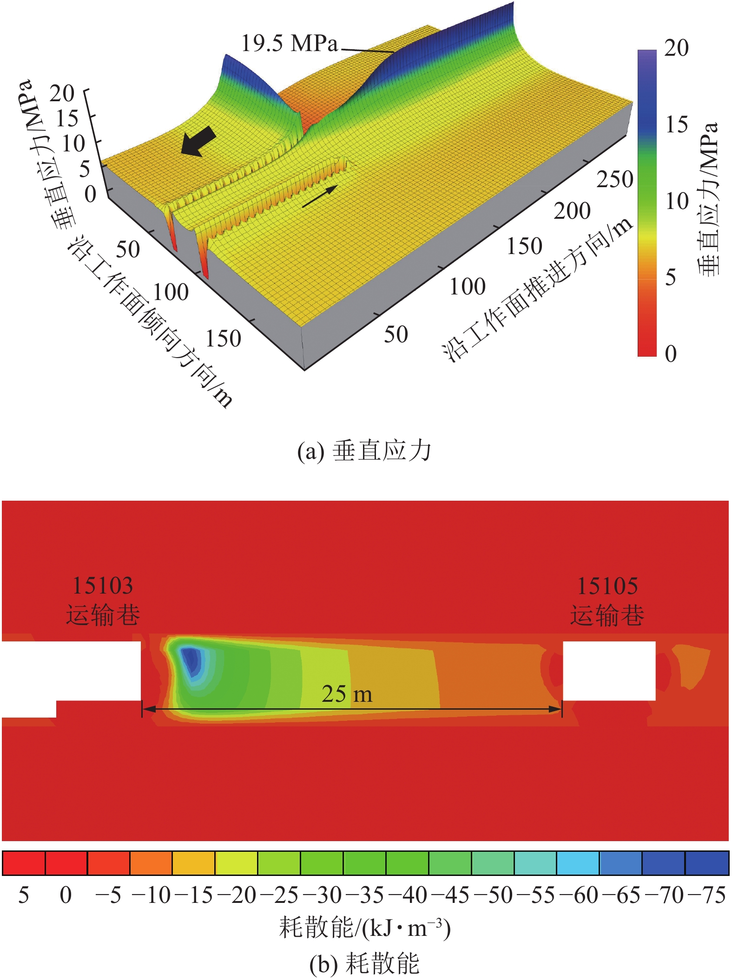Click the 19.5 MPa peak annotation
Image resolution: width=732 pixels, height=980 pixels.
click(289, 43)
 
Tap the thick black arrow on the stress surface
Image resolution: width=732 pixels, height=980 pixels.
click(198, 141)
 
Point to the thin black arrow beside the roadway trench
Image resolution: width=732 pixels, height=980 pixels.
click(320, 196)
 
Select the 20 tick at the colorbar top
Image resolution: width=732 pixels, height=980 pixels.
click(676, 47)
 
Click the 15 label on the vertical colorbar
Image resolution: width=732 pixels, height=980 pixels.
click(676, 124)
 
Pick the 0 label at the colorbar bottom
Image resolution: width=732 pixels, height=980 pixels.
click(671, 353)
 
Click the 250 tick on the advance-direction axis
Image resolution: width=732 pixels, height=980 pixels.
click(615, 179)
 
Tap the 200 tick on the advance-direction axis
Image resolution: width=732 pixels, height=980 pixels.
click(572, 211)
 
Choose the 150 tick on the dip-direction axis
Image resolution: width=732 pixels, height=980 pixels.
click(223, 338)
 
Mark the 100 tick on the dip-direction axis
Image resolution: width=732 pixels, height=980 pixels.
click(171, 292)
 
